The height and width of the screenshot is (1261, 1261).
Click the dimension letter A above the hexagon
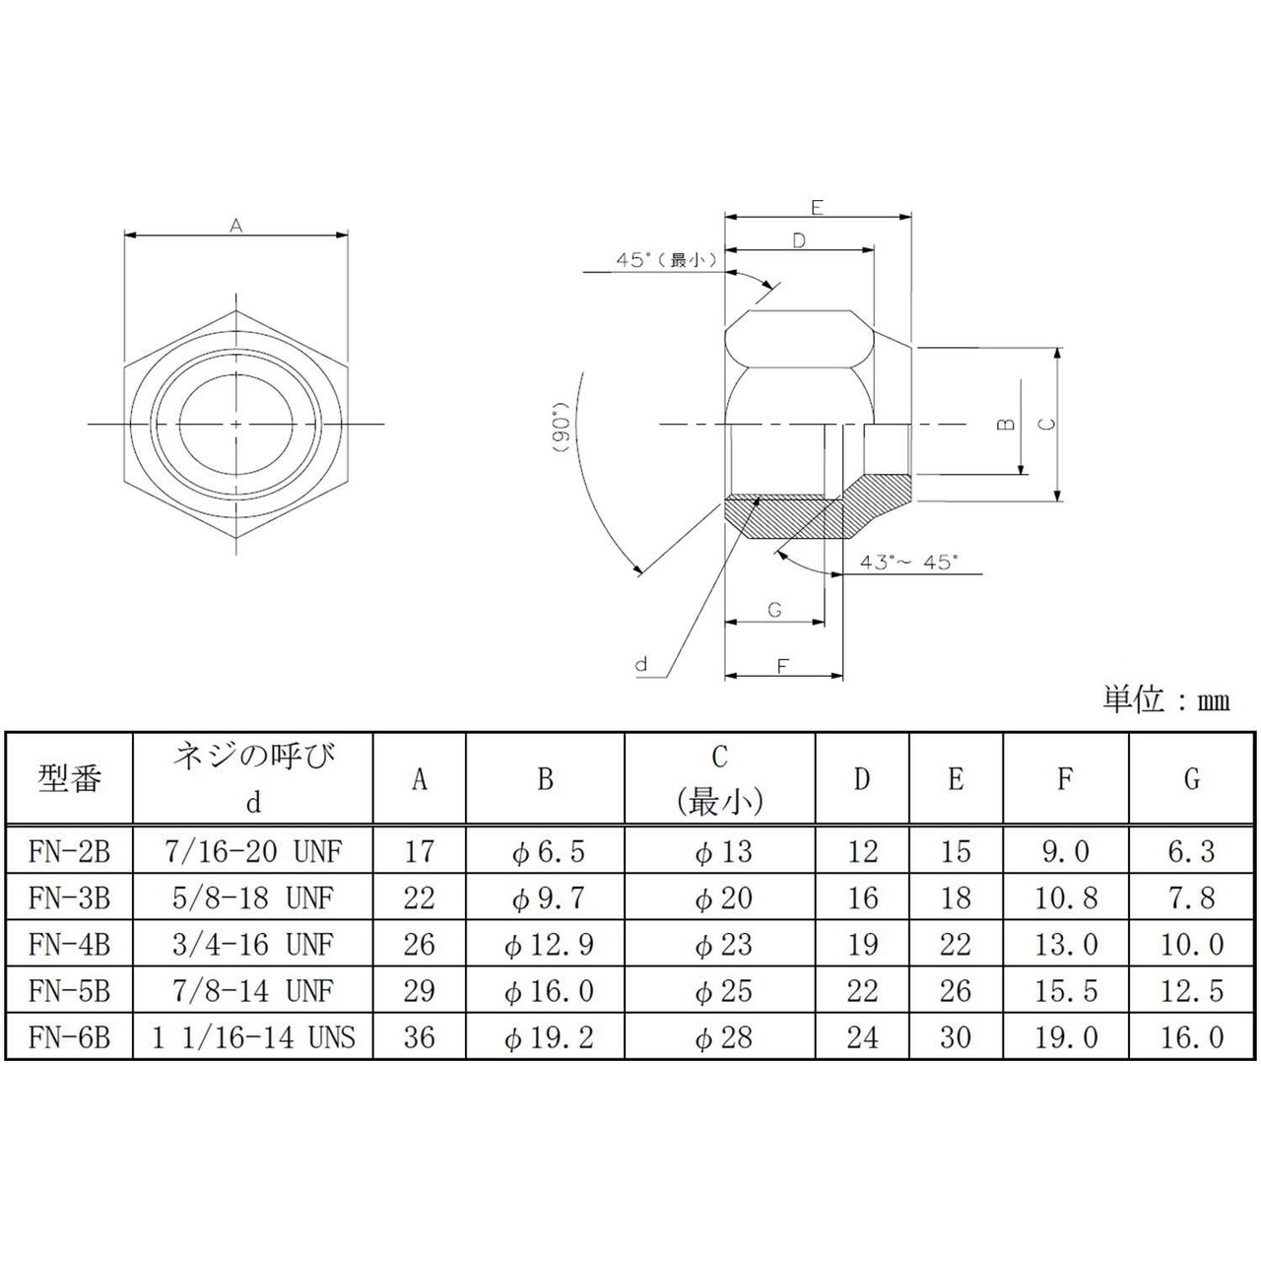[x=235, y=226]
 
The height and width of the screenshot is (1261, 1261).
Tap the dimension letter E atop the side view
[x=817, y=208]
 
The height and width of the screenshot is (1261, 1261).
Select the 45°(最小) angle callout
[x=666, y=260]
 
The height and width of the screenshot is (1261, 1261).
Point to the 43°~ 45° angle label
[x=908, y=562]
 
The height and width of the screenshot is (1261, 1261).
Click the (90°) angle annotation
[x=564, y=428]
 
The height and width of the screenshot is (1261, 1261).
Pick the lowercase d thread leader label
[x=641, y=664]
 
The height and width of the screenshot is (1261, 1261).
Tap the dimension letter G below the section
[x=774, y=610]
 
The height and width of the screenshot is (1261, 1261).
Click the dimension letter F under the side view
[x=782, y=666]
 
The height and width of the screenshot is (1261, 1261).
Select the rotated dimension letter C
[x=1047, y=424]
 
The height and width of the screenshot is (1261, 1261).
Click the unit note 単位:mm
[x=1165, y=700]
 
